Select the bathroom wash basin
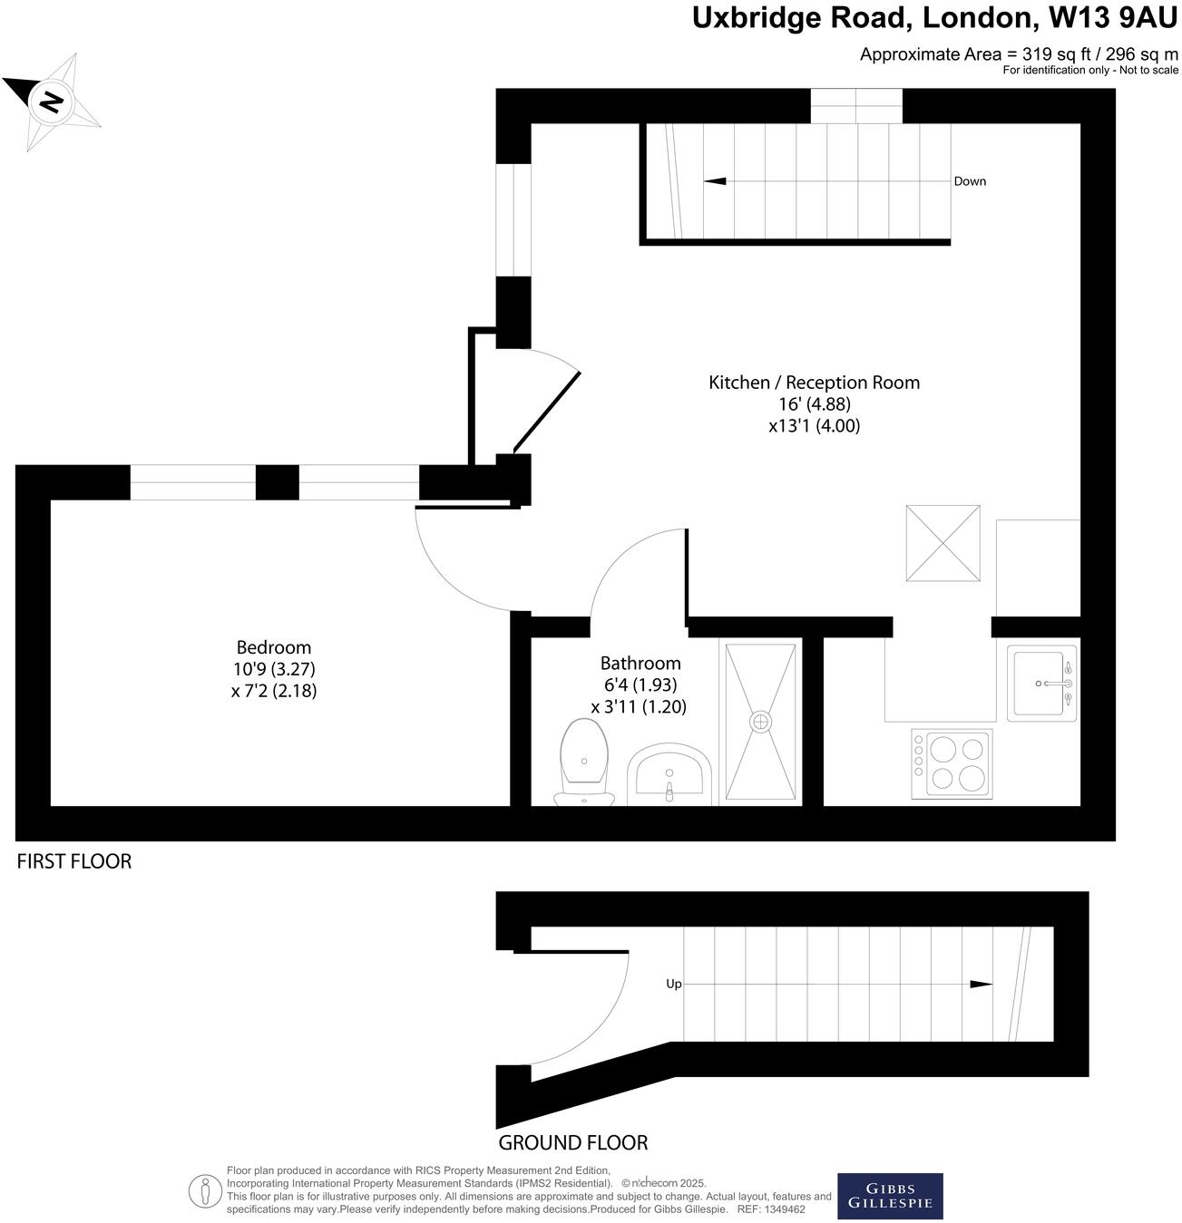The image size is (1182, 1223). tap(669, 775)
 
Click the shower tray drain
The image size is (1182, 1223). tap(760, 722)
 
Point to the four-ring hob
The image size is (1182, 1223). tap(952, 762)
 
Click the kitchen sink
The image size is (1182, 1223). tap(1041, 683)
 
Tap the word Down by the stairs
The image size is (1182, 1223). tap(969, 181)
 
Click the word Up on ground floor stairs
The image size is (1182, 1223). tap(673, 984)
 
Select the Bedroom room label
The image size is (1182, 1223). tap(273, 647)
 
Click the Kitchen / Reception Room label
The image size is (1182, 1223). tap(814, 383)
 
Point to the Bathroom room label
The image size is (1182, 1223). tap(640, 663)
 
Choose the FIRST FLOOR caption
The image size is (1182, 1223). tap(74, 861)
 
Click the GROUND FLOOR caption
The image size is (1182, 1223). tap(572, 1142)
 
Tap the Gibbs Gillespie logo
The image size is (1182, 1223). tap(889, 1196)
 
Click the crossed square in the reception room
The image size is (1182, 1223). tap(943, 543)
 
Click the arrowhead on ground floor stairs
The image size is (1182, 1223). tap(981, 984)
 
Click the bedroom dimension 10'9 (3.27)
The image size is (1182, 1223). tap(273, 669)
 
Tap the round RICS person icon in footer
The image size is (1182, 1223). tap(205, 1190)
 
